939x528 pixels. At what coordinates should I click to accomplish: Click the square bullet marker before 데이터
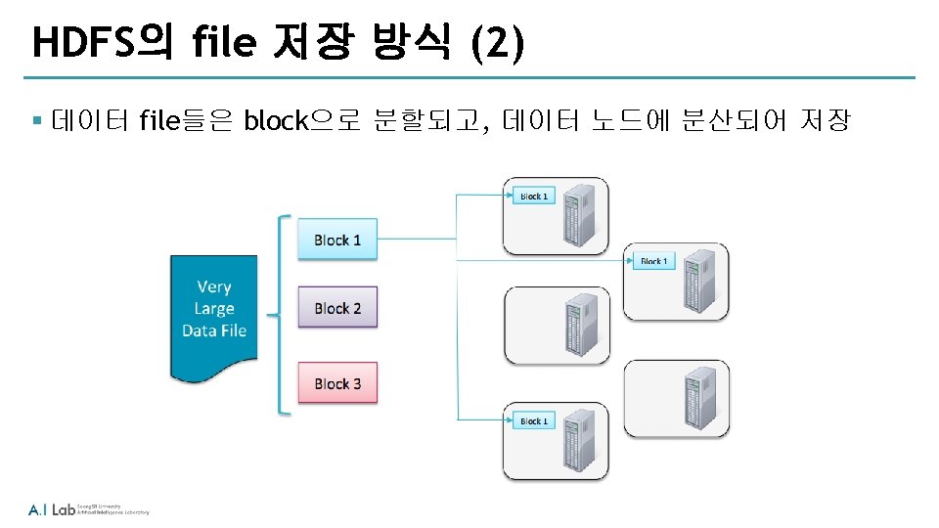[36, 121]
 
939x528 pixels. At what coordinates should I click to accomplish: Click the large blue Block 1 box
[337, 240]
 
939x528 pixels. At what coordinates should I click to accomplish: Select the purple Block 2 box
[337, 308]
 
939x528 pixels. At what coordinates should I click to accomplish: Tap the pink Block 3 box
[337, 383]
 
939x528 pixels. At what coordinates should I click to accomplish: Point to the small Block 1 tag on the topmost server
[533, 197]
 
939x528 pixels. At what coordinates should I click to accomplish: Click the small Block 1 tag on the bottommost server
[533, 421]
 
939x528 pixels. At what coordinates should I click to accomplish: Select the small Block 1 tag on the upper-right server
[653, 261]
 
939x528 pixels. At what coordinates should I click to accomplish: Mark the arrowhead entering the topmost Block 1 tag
[510, 196]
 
